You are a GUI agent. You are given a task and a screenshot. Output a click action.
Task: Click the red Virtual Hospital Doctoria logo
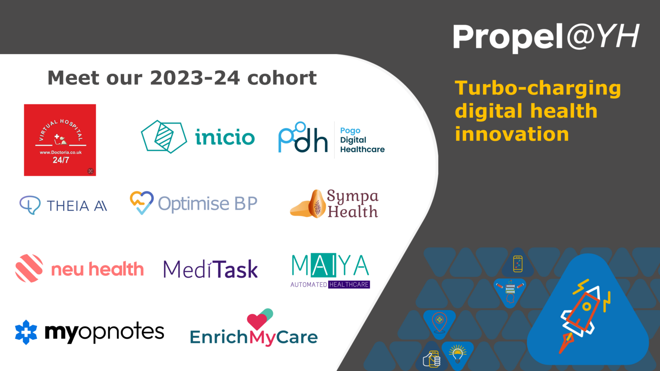pos(60,140)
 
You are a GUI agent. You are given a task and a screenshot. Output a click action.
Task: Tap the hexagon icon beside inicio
pos(164,137)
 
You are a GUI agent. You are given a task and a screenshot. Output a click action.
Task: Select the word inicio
pos(225,137)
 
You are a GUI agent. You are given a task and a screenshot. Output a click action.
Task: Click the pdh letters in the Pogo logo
pos(303,138)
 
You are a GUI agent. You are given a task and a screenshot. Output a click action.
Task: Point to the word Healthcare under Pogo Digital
pos(362,149)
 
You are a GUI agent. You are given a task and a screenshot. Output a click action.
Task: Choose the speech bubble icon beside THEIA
pos(30,205)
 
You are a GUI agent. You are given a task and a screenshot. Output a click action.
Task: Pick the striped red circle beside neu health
pos(29,268)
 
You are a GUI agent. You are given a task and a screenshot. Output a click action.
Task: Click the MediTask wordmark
pos(211,270)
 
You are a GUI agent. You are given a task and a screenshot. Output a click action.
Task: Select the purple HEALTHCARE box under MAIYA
pos(349,284)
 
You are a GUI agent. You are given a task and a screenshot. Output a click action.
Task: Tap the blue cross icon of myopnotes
pos(26,332)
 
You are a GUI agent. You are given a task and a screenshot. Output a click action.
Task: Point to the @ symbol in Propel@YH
pos(580,37)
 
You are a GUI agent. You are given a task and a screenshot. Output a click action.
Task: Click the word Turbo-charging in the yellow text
pos(538,88)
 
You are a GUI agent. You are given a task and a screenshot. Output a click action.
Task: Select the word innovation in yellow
pos(512,134)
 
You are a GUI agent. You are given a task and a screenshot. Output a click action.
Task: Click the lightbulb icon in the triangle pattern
pos(458,353)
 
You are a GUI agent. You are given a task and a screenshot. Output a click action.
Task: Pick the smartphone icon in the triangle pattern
pos(518,264)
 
